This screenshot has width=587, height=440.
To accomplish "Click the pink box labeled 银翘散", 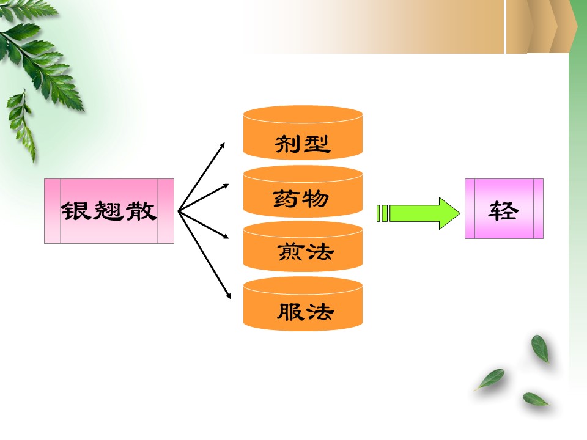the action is coord(109,211).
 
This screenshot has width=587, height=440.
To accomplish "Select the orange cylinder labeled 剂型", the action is coord(303,133).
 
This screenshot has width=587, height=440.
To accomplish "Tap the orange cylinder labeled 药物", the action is coord(303,191).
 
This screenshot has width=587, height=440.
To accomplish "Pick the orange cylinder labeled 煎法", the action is coord(303,246).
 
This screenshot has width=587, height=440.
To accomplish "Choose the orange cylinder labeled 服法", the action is coord(303,304).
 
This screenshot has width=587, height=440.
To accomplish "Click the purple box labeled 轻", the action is coord(504,208).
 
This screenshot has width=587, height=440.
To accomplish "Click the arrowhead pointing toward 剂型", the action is coord(223,145).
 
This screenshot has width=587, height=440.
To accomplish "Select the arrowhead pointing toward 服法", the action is coord(228,296).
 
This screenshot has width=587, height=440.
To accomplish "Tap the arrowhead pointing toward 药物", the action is coord(226,186).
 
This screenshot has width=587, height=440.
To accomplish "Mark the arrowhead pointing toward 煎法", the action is coord(226,236).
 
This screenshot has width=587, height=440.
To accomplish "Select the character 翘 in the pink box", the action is coord(108,211).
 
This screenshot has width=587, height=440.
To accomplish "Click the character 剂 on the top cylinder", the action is coord(286,144).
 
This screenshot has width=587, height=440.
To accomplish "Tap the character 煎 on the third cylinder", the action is coord(290,251).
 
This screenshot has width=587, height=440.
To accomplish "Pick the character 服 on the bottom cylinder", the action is coord(290,311).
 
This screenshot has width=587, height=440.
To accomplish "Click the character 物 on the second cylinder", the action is coord(316,198).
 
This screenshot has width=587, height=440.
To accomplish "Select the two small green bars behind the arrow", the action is coord(382,213).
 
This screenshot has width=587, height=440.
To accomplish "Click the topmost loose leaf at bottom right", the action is coord(540,348).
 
